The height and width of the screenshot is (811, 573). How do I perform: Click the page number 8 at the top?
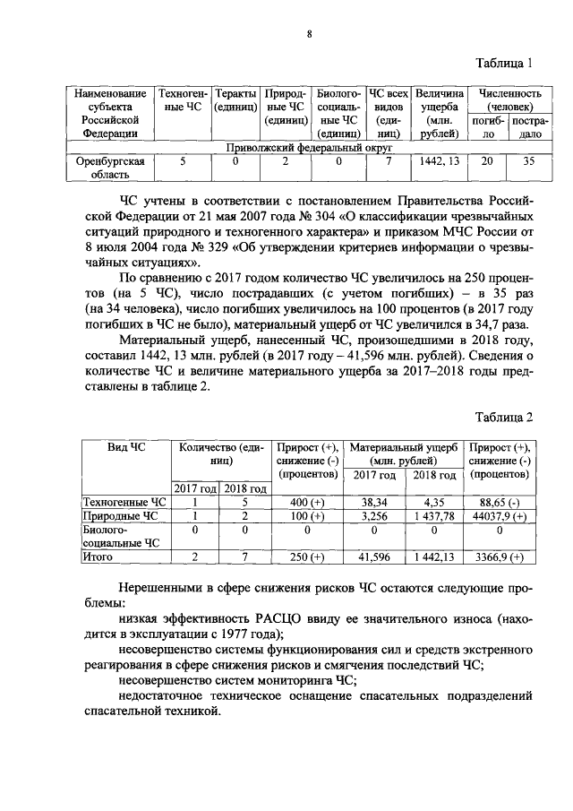coord(309,35)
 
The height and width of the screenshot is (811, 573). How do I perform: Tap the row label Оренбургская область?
coord(108,169)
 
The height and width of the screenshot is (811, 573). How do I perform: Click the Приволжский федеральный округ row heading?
coord(300,146)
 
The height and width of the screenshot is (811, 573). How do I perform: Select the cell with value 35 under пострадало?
coord(528,162)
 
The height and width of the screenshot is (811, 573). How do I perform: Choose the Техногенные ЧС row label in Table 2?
coord(124,502)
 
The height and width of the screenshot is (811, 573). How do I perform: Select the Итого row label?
coord(97,557)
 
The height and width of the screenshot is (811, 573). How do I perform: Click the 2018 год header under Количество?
coord(244,488)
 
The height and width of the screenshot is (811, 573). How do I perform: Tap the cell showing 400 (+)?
coord(307,502)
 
